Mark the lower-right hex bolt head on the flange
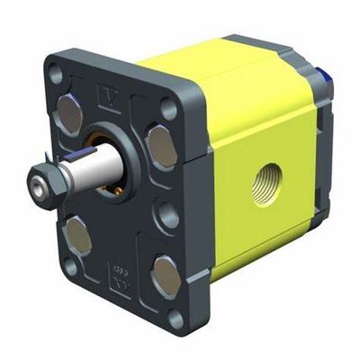tap(164, 274)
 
